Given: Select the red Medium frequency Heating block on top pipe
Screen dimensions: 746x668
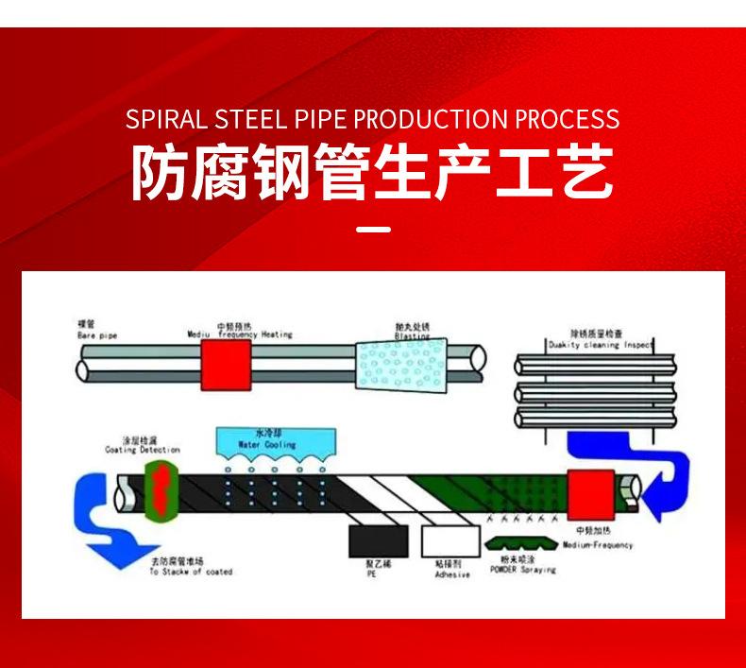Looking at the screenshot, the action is tap(226, 364).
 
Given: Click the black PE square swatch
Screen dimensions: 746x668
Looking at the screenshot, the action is tap(371, 541).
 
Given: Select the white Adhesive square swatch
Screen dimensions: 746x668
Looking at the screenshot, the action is tap(445, 541).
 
